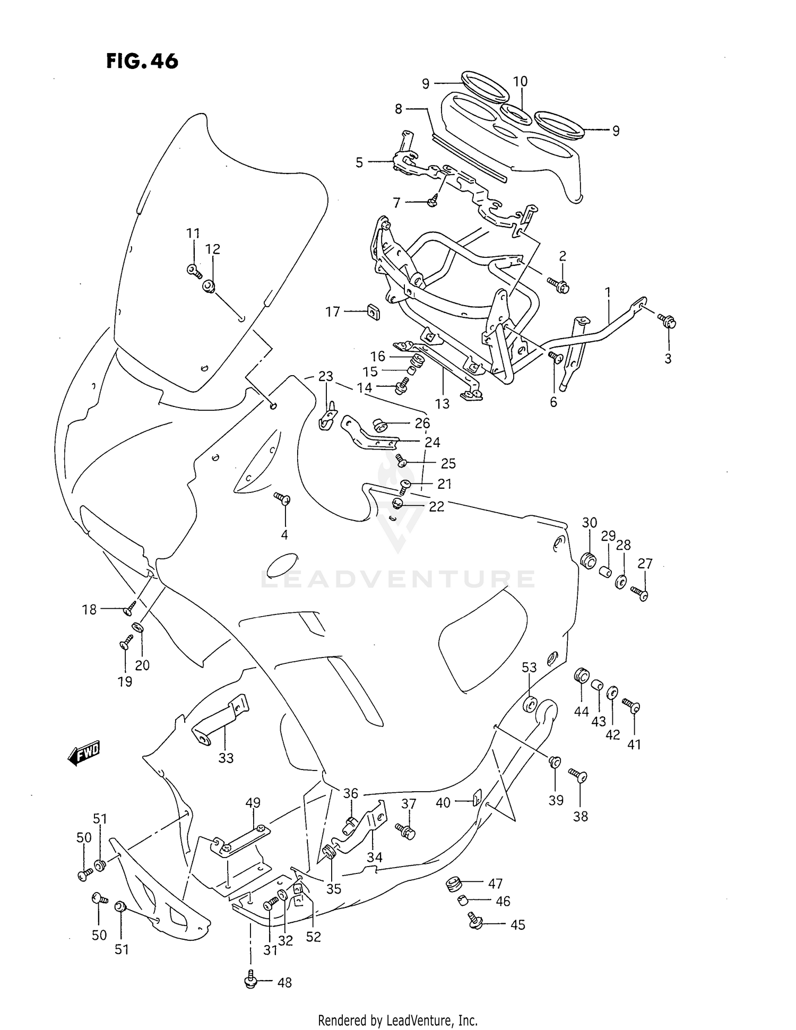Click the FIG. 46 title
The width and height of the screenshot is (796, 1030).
tap(142, 62)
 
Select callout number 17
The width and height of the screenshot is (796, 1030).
tap(333, 311)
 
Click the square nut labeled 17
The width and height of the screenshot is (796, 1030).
tap(374, 313)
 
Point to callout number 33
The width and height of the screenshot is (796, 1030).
tap(226, 758)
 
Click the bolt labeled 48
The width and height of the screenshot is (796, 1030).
tap(250, 982)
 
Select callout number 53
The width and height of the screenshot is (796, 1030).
tap(529, 667)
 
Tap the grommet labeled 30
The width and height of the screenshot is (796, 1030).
tap(587, 560)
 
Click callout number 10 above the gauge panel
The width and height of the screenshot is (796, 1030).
tap(520, 81)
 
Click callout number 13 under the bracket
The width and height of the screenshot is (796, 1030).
tap(442, 404)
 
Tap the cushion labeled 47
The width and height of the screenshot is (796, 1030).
tap(453, 884)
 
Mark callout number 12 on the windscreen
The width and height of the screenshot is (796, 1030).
tap(213, 249)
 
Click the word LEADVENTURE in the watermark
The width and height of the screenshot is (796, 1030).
tap(398, 579)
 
